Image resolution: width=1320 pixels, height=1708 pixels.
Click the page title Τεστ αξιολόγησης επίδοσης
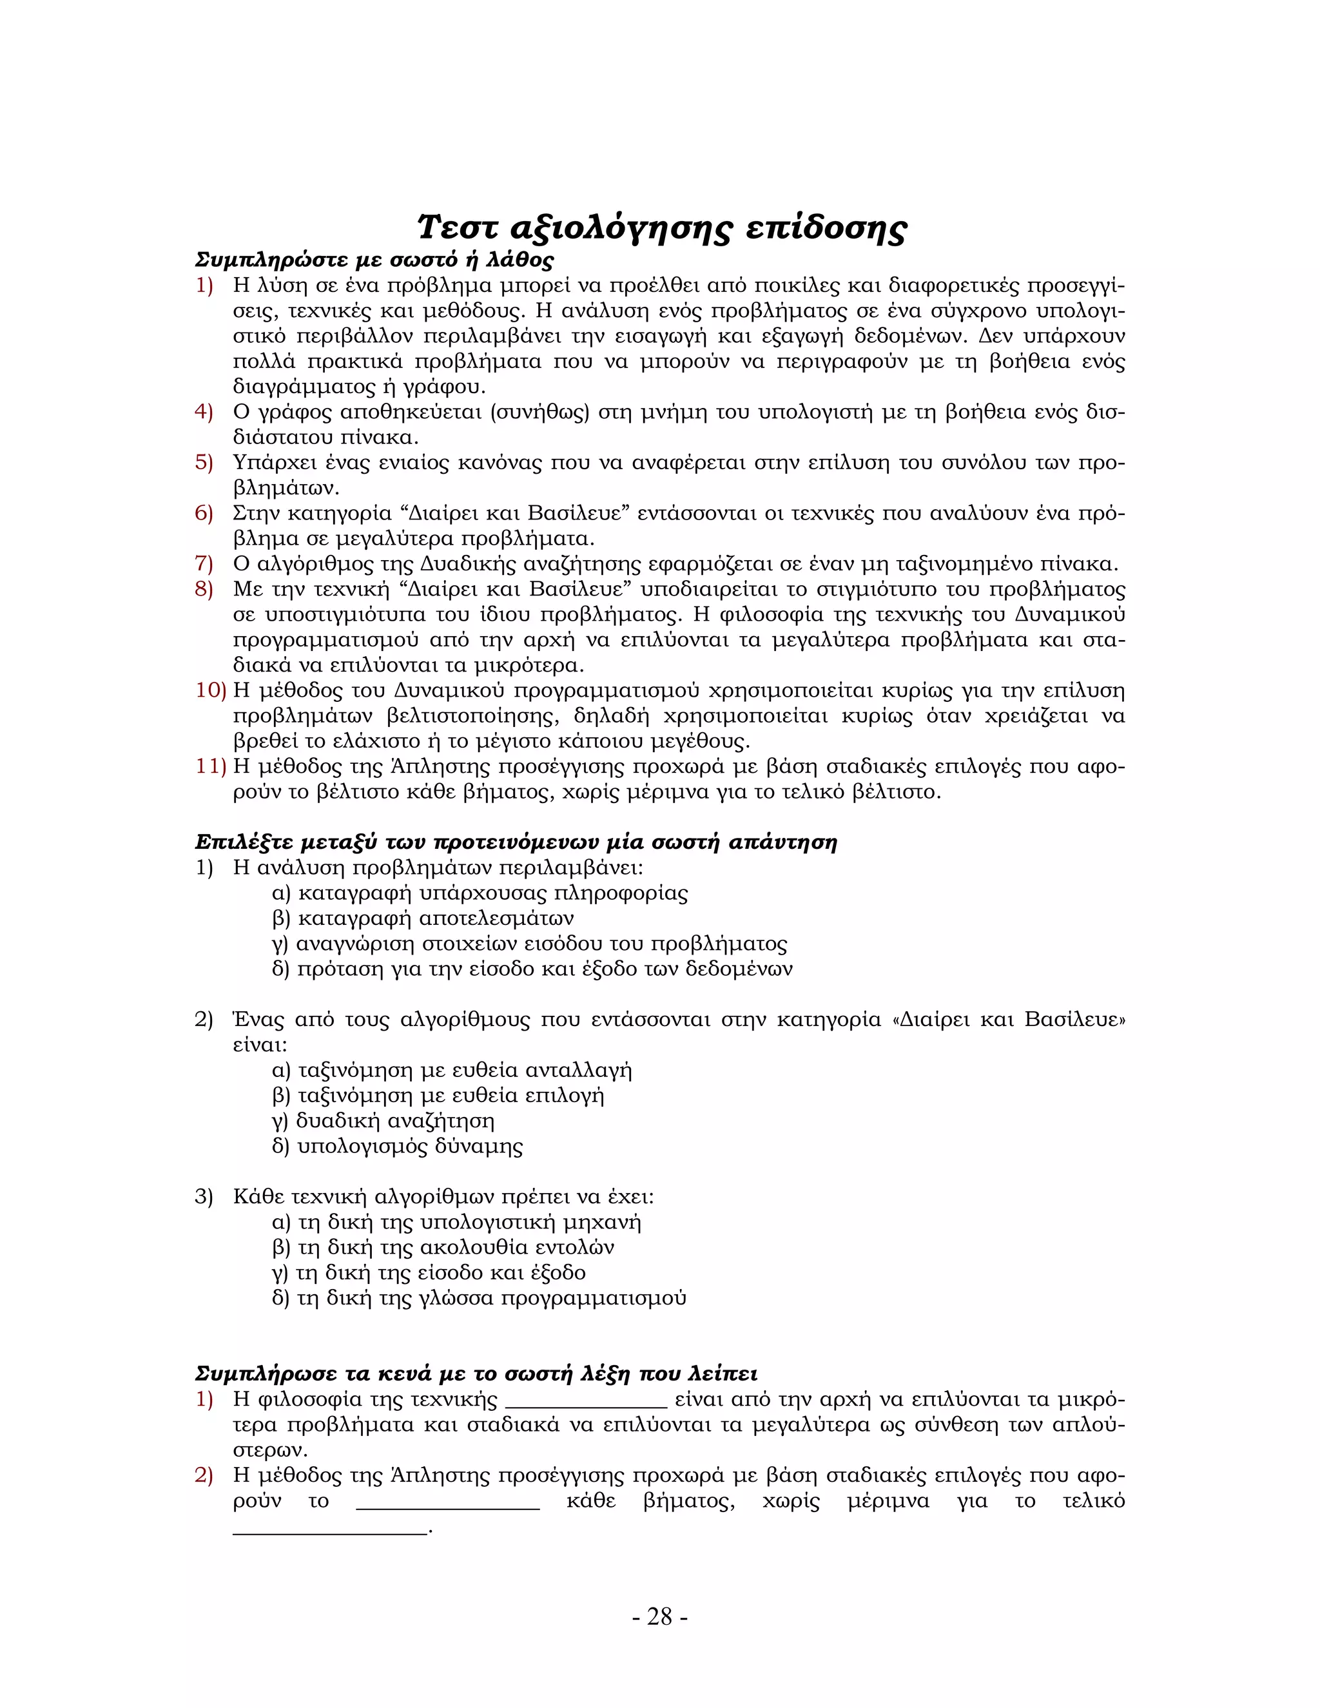(x=661, y=228)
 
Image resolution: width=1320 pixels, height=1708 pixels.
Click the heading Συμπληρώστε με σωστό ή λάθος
(x=374, y=260)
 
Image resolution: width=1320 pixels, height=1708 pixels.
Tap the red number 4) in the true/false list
(x=203, y=412)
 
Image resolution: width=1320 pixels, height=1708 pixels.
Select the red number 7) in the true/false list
(x=203, y=564)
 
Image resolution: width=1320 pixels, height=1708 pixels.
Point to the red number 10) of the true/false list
(x=209, y=690)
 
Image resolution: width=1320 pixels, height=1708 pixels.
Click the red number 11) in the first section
(x=209, y=766)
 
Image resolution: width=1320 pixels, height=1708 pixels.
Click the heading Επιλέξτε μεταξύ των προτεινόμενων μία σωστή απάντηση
(x=516, y=842)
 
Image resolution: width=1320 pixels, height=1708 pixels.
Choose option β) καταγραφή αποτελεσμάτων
(x=422, y=918)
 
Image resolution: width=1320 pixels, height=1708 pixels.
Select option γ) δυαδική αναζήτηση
(x=383, y=1121)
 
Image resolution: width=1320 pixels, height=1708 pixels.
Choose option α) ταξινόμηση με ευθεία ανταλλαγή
(x=452, y=1070)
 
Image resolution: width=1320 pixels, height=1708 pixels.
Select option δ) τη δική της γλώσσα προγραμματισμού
(x=479, y=1298)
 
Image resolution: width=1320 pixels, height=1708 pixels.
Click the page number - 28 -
(x=659, y=1616)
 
